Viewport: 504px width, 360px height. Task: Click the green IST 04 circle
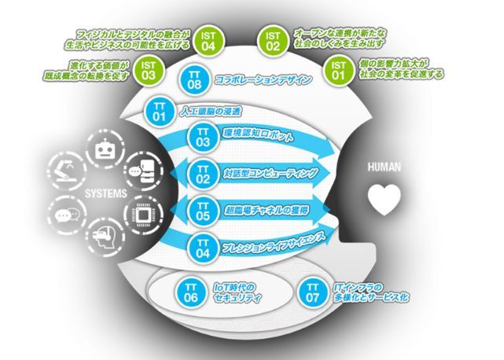pyautogui.click(x=208, y=41)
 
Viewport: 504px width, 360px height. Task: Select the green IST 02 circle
pyautogui.click(x=273, y=41)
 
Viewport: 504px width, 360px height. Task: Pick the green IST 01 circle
pyautogui.click(x=338, y=72)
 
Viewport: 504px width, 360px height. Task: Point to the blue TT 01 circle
pyautogui.click(x=159, y=113)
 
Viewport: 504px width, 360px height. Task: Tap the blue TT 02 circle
pyautogui.click(x=203, y=173)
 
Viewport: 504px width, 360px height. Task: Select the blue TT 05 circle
pyautogui.click(x=203, y=209)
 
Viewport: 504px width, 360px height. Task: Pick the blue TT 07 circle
pyautogui.click(x=313, y=293)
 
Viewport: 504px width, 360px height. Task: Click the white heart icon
pyautogui.click(x=385, y=200)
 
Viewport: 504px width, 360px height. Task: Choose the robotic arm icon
pyautogui.click(x=64, y=168)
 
